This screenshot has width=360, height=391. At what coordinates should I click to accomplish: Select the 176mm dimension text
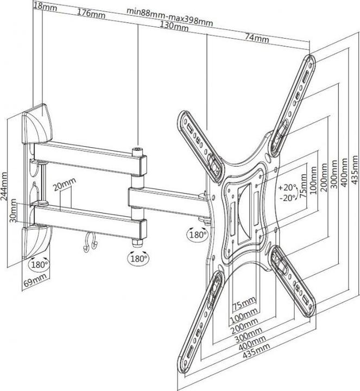[x=91, y=13]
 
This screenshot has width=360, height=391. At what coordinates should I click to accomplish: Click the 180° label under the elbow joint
[x=138, y=258]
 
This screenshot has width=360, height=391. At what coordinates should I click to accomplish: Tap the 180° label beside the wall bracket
[x=39, y=266]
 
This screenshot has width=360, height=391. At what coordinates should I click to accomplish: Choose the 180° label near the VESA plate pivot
[x=197, y=235]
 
